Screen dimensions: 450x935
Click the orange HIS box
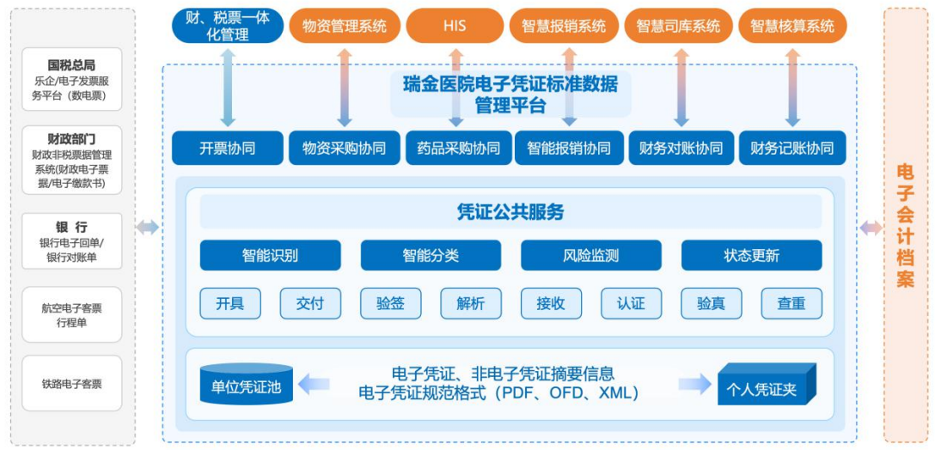click(x=455, y=26)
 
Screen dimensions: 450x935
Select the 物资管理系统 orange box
click(x=345, y=26)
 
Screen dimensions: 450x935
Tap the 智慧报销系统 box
click(x=564, y=26)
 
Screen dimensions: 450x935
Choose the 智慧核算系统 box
click(x=792, y=26)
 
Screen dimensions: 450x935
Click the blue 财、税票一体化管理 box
click(x=228, y=25)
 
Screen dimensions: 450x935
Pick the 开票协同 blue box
click(x=228, y=148)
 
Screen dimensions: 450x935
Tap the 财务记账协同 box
click(x=791, y=148)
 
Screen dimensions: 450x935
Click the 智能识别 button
click(x=270, y=255)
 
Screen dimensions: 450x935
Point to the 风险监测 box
click(x=591, y=255)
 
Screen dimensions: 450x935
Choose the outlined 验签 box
click(x=390, y=303)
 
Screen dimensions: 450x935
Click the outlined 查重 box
click(x=791, y=303)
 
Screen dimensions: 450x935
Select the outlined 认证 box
click(x=631, y=303)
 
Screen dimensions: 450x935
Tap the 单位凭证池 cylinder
click(x=246, y=386)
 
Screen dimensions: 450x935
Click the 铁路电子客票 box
click(x=72, y=384)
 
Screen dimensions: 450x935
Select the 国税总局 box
click(x=72, y=79)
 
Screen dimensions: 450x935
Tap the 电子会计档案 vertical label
click(x=905, y=225)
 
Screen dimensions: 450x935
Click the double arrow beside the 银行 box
click(x=147, y=227)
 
